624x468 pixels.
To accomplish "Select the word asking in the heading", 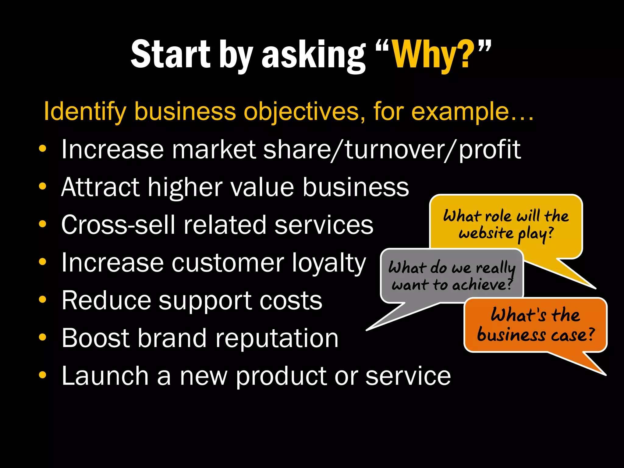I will tap(314, 55).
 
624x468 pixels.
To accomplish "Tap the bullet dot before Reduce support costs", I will tap(43, 299).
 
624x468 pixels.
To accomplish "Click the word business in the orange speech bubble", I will tap(511, 335).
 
